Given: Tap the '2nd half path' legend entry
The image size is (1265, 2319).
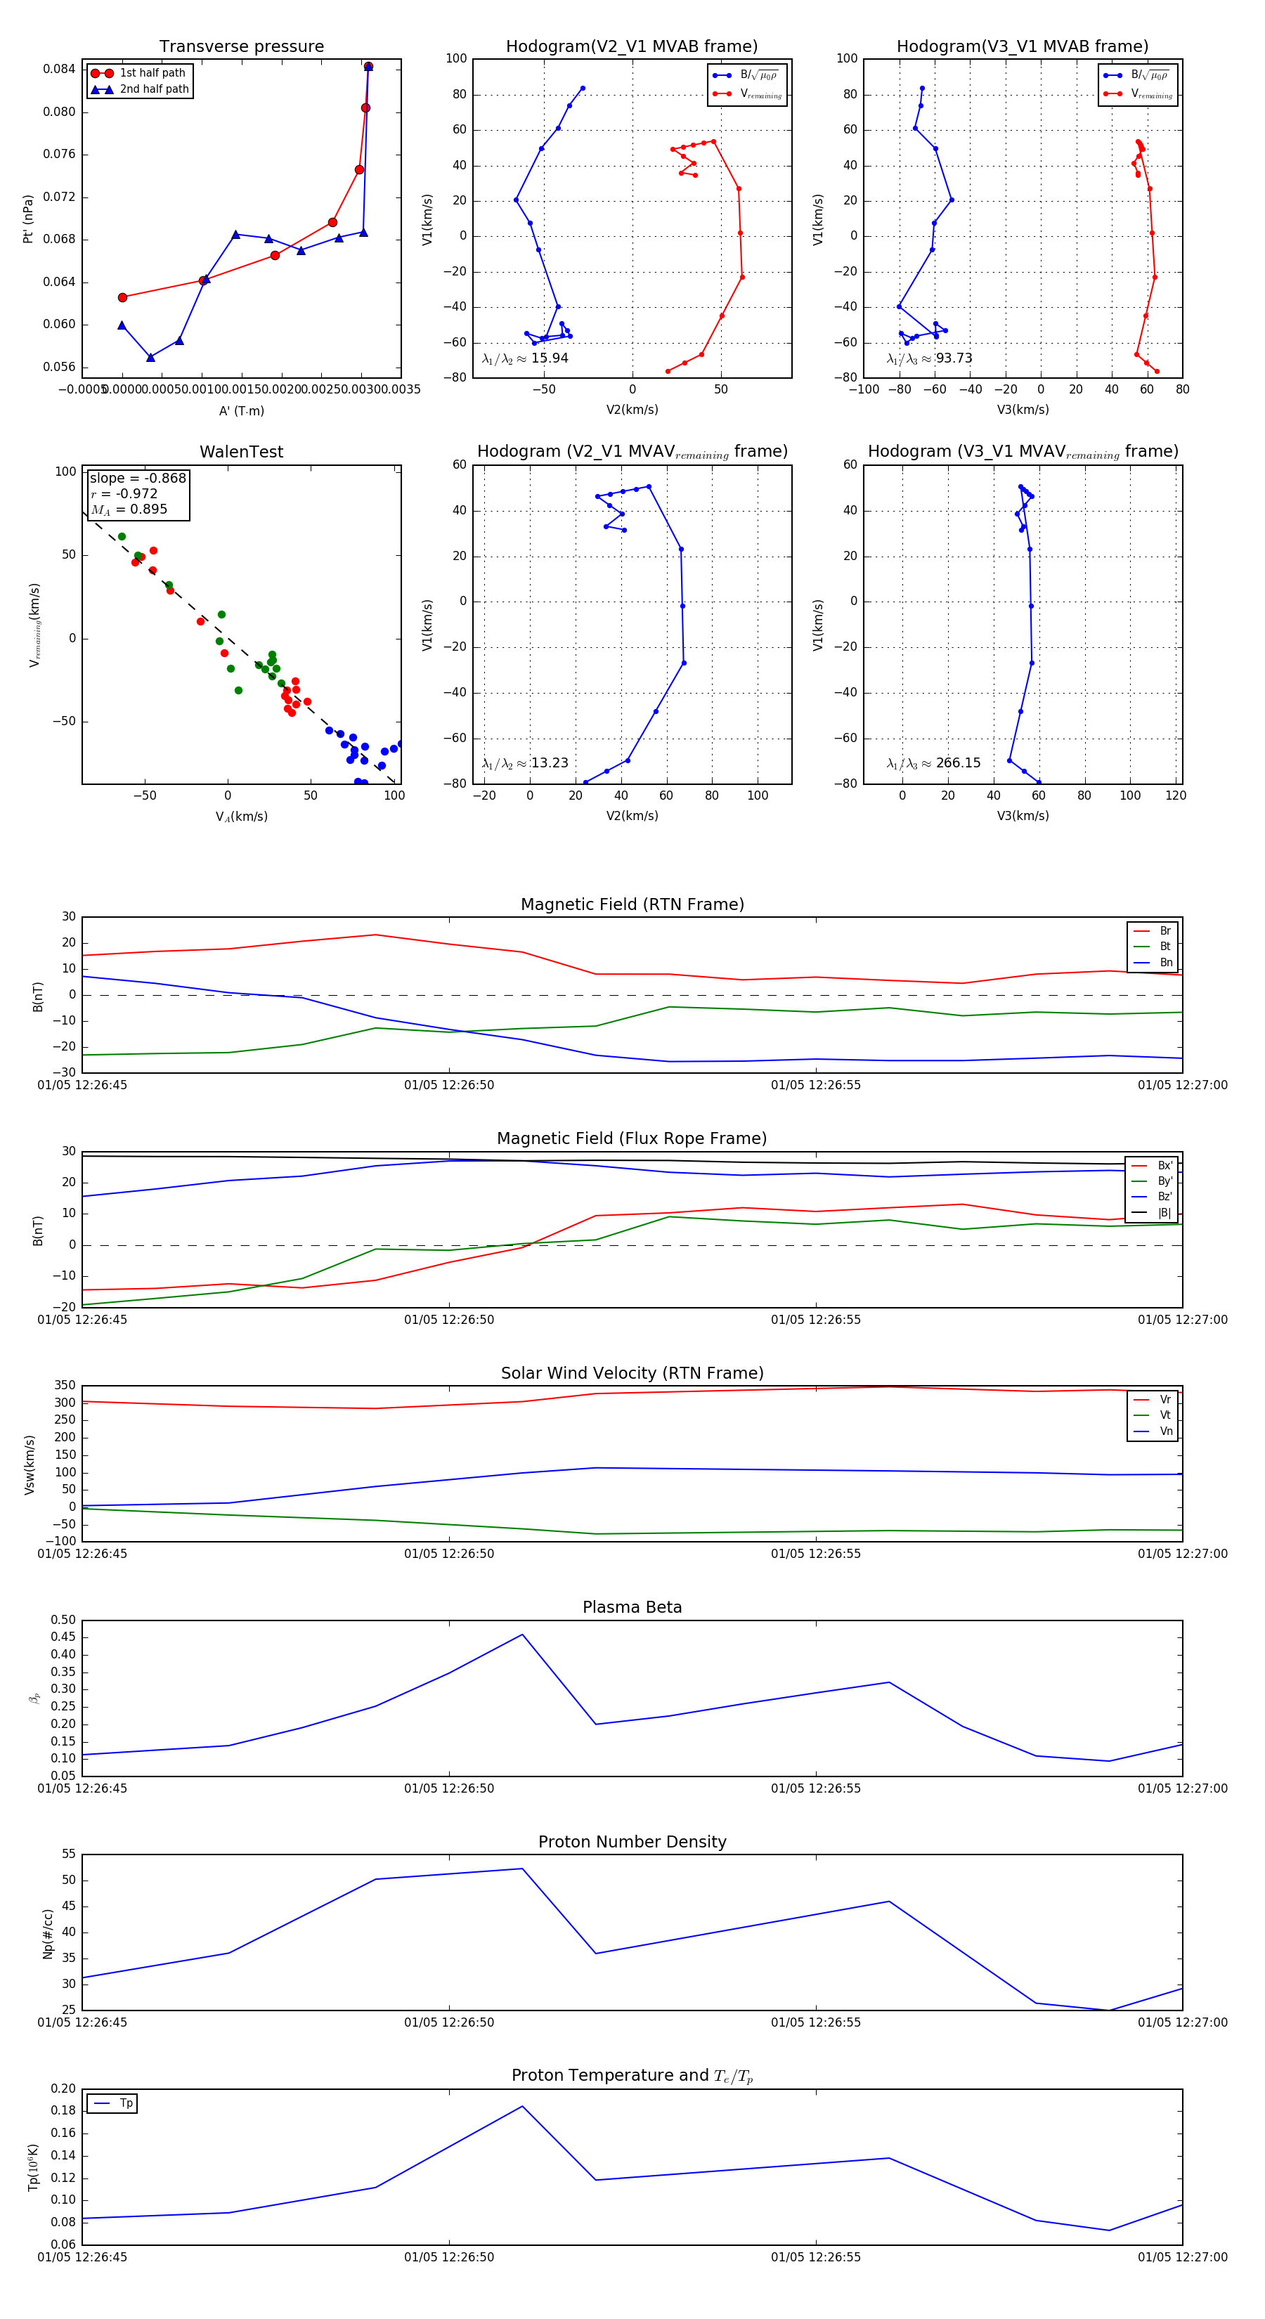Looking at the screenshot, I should [154, 89].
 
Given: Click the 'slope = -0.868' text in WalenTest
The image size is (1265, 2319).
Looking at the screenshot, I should [138, 478].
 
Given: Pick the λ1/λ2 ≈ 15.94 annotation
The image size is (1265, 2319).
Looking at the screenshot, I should [525, 358].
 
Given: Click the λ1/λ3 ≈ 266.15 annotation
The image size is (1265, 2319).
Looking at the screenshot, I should [934, 762].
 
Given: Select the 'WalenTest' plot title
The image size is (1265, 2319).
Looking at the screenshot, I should [241, 452].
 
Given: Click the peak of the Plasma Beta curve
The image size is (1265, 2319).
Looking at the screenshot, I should [522, 1635].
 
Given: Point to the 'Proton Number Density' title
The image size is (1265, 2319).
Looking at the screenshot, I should [632, 1842].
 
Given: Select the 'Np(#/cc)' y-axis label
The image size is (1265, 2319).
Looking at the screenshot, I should [48, 1934].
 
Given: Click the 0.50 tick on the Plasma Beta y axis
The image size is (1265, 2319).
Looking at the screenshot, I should [63, 1620].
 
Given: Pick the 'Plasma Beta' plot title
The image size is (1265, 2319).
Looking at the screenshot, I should [632, 1608].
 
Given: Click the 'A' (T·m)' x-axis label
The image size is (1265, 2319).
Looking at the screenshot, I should [241, 411].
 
